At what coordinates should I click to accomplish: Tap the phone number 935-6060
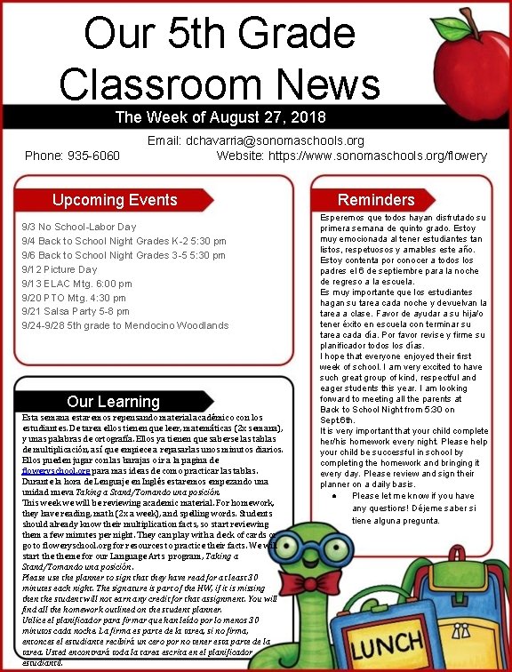(x=72, y=156)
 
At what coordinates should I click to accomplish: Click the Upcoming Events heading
(x=115, y=200)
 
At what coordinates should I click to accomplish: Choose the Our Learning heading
(x=113, y=402)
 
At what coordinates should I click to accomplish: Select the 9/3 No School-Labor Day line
(x=79, y=227)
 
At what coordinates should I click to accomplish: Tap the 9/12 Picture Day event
(x=60, y=269)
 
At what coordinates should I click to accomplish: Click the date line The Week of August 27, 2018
(x=208, y=117)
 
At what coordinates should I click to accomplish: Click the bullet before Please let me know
(x=331, y=496)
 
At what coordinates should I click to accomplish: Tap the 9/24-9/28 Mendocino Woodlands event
(x=124, y=326)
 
